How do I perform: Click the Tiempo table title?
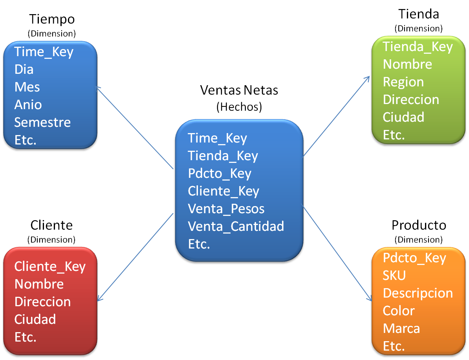(52, 19)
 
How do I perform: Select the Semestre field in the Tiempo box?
(42, 122)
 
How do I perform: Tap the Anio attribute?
(28, 105)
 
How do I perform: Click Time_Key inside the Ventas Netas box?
(217, 138)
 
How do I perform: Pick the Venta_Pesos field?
(226, 209)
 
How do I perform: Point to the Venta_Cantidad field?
(236, 227)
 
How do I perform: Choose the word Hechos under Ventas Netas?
(239, 107)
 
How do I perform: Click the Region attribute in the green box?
(403, 82)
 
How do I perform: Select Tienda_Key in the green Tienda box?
(418, 47)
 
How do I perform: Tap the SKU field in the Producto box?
(394, 276)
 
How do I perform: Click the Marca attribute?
(401, 328)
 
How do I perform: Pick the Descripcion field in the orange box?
(418, 293)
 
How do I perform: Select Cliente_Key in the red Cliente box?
(50, 267)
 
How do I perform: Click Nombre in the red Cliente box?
(39, 284)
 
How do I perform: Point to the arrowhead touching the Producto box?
(370, 299)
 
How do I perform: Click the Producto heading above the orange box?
(419, 225)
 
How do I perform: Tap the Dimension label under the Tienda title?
(418, 29)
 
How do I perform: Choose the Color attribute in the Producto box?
(399, 311)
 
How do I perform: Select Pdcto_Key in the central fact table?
(219, 174)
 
